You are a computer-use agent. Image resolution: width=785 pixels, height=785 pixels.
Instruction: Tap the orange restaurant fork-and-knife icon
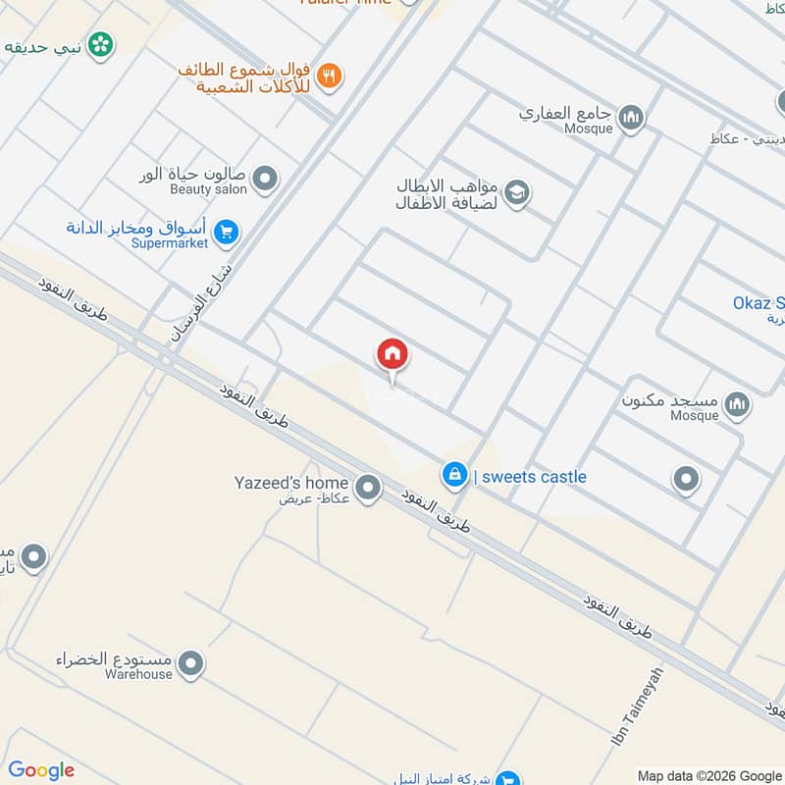(x=330, y=75)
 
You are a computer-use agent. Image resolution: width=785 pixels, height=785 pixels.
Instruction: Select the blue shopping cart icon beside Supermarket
(x=227, y=233)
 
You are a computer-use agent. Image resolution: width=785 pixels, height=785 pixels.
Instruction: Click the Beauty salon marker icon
(x=264, y=179)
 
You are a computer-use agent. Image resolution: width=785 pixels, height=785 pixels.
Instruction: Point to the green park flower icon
(x=100, y=44)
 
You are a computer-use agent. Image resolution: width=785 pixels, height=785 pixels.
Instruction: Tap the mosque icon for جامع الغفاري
(x=633, y=118)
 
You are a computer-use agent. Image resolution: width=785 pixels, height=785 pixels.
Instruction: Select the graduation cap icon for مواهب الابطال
(x=517, y=193)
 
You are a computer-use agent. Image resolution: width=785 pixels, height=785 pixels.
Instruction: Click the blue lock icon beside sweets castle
(x=453, y=476)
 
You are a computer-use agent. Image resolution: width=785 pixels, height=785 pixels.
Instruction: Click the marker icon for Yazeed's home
(x=368, y=487)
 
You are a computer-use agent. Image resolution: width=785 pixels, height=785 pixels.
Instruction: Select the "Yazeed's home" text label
(x=291, y=483)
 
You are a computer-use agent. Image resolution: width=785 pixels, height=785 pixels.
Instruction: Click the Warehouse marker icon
(x=191, y=664)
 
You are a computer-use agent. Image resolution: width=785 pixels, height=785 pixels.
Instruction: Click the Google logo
(x=41, y=770)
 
